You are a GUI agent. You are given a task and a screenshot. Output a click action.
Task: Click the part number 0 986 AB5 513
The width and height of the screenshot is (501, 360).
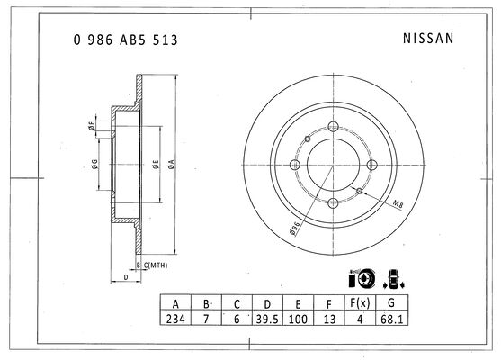(125, 40)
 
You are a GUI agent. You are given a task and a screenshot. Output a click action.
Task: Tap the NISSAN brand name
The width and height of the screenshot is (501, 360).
(428, 39)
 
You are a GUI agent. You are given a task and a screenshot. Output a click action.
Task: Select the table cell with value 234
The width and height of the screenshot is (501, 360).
(175, 319)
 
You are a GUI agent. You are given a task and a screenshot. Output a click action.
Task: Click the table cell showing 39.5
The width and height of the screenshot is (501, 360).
(267, 319)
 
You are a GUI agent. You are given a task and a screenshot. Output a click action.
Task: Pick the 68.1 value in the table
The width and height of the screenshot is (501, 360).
(392, 319)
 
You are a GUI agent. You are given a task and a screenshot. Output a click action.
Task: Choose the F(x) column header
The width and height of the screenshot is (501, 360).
(360, 302)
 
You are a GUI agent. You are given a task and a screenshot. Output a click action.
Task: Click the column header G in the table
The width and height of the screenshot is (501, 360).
(391, 302)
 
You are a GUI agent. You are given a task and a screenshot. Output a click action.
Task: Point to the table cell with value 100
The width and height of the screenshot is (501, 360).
(298, 319)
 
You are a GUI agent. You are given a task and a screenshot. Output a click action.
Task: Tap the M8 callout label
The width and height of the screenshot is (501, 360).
(398, 204)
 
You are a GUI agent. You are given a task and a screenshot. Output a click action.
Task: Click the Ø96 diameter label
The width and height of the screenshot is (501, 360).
(295, 229)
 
